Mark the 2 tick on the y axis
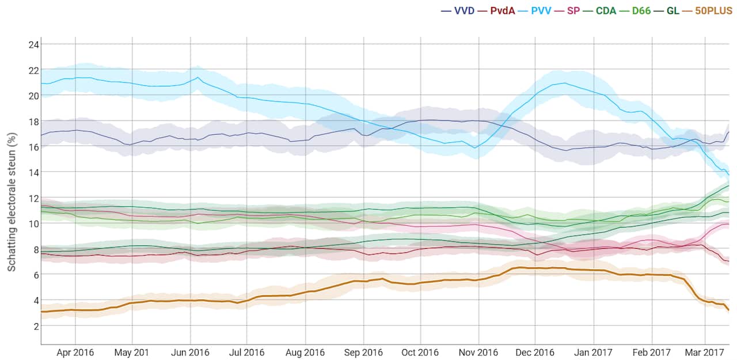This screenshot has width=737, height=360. (35, 326)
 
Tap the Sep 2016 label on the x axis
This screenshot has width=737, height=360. (363, 353)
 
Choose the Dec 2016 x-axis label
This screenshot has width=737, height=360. (535, 353)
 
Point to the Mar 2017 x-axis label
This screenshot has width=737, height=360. (705, 353)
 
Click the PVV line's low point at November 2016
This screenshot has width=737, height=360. (476, 147)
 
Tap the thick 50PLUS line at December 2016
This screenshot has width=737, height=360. (535, 268)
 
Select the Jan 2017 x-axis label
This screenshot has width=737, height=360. (594, 353)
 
